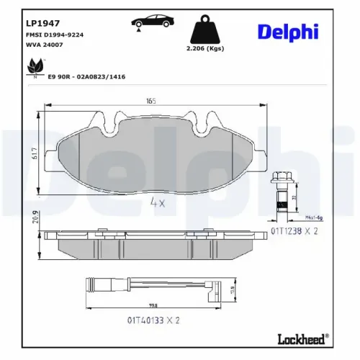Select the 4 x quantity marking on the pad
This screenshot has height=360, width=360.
[x=157, y=204]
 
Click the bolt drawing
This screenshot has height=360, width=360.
[x=281, y=192]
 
